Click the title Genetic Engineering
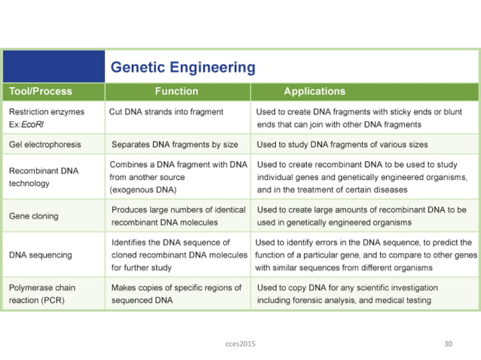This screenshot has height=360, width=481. [183, 68]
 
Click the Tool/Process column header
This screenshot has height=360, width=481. [41, 91]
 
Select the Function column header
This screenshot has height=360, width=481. [176, 91]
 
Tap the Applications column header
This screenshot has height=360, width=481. [314, 91]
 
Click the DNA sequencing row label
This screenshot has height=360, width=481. [41, 255]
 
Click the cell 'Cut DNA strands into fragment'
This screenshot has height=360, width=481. [166, 112]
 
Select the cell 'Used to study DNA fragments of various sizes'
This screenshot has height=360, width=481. [342, 144]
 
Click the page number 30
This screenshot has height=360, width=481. [448, 343]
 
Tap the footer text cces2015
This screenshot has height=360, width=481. [240, 343]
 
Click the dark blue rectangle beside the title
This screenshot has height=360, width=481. [54, 66]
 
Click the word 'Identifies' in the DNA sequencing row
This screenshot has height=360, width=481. [130, 243]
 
